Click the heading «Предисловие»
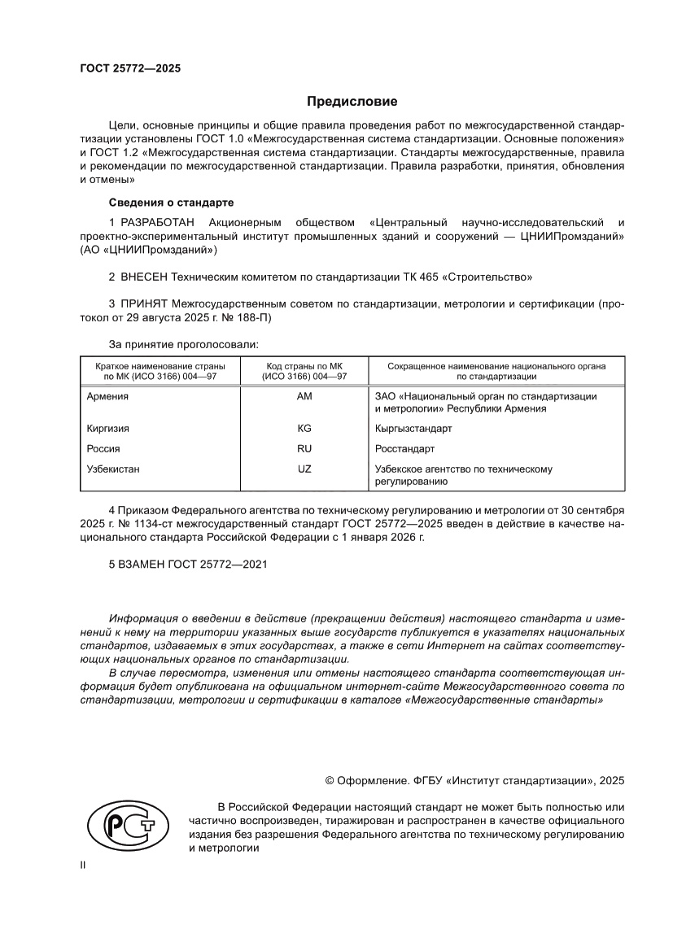352,102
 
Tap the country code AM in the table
305,396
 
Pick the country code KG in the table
305,428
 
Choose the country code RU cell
305,448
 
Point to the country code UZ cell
305,469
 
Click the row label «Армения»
107,396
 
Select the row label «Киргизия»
107,428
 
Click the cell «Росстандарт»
404,448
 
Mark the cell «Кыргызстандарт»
413,428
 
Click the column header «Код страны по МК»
304,367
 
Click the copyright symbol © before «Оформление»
330,780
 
